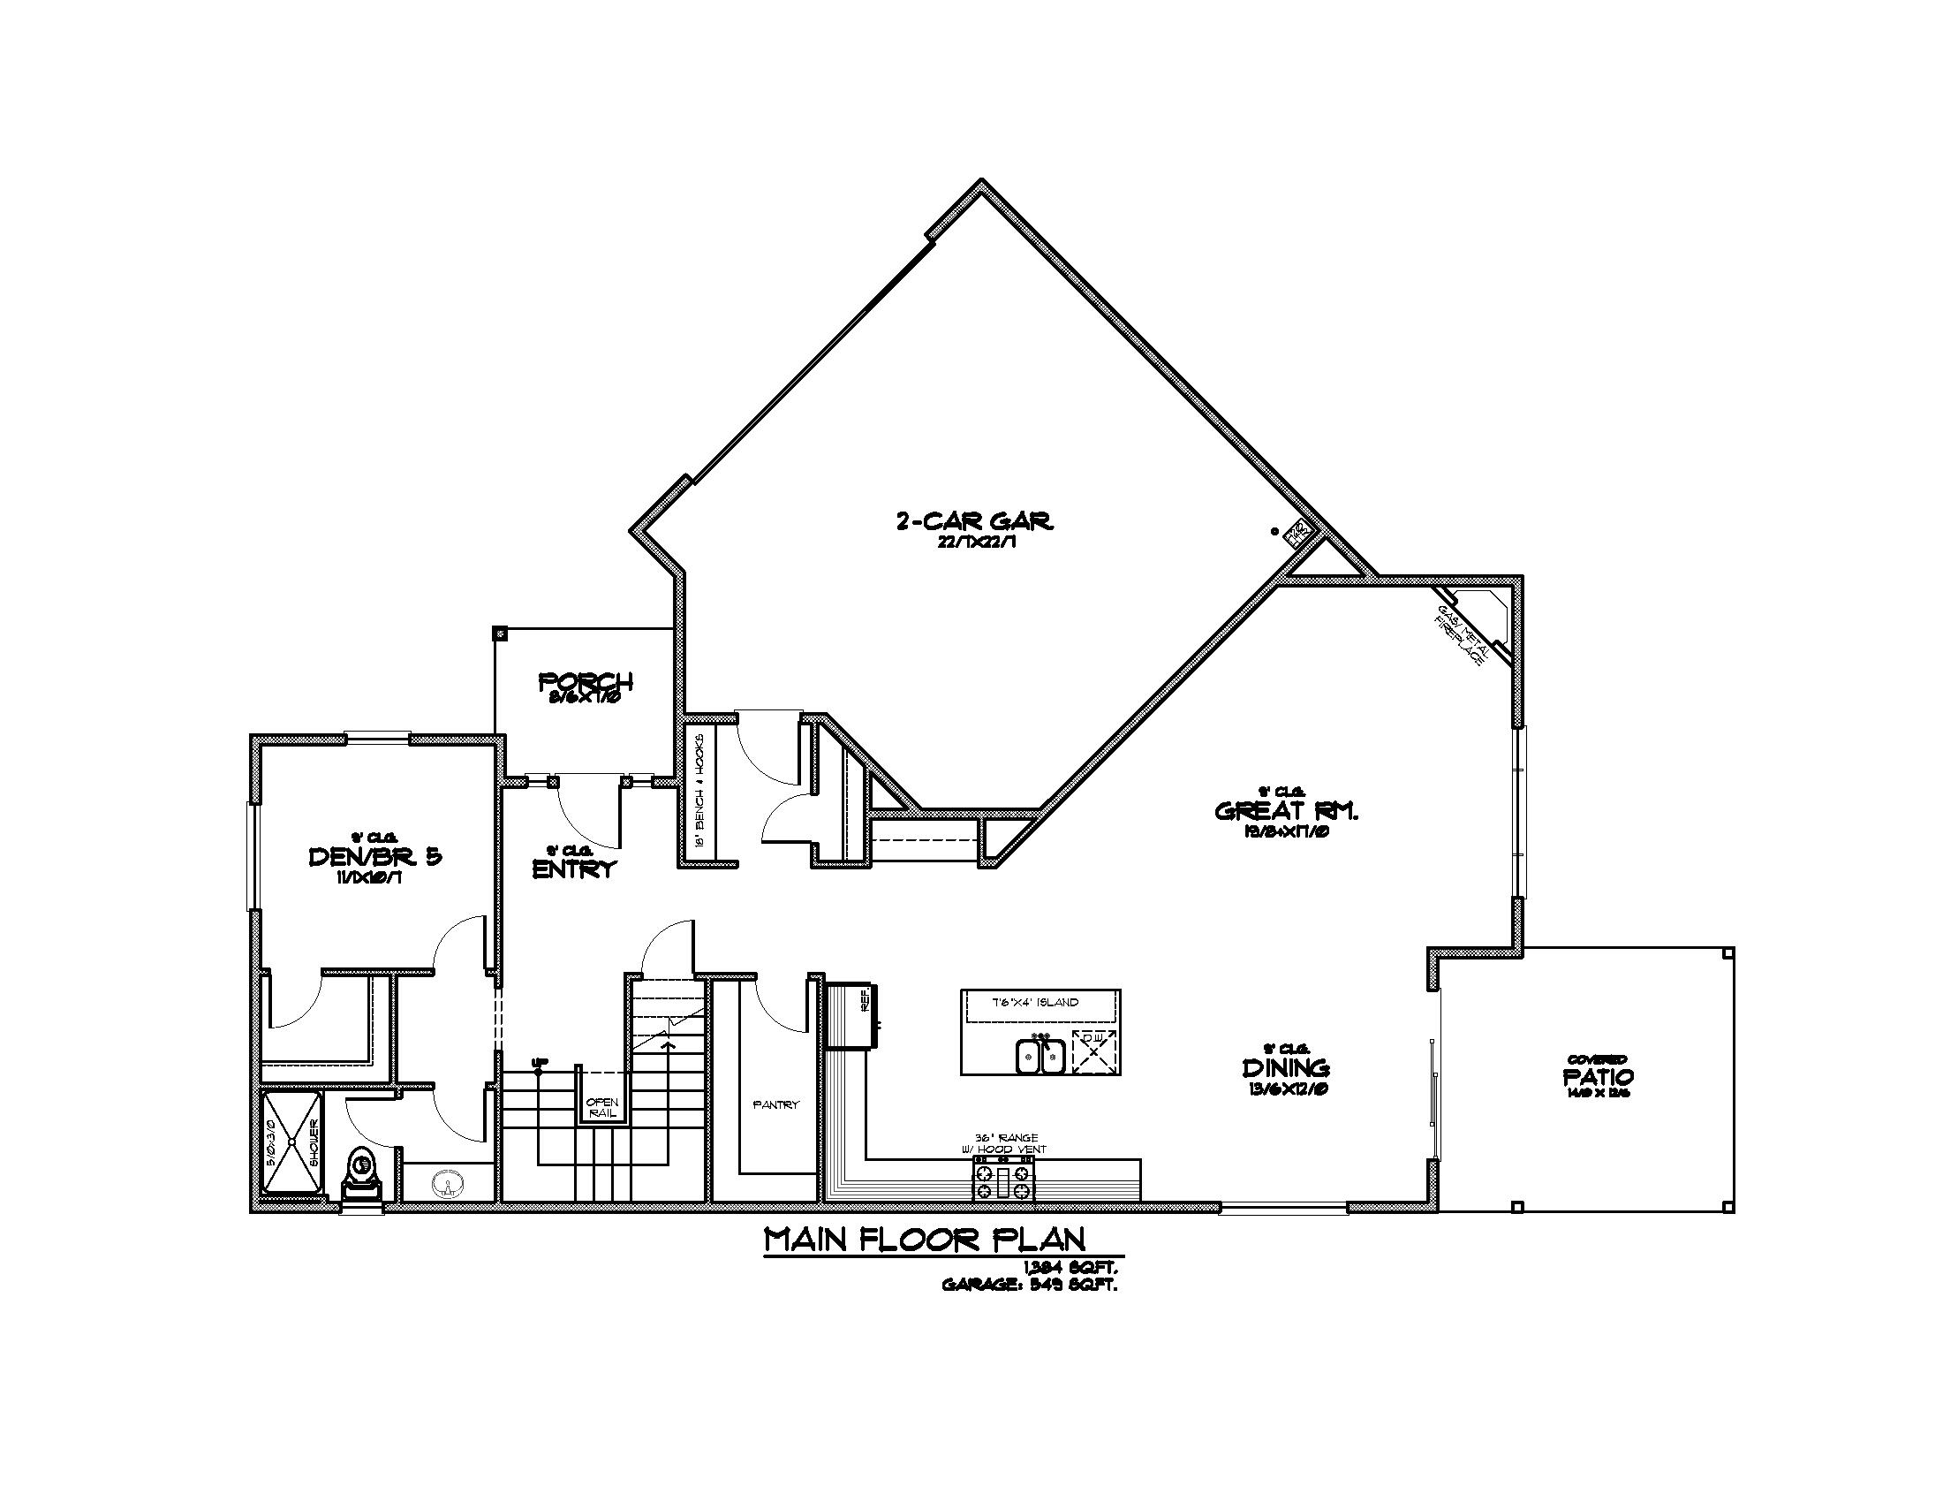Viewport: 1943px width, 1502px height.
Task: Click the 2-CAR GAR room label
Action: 974,520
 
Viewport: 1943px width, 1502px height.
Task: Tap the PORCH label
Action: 586,682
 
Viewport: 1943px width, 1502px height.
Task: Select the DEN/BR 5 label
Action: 374,857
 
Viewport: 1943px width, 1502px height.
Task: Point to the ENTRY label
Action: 574,869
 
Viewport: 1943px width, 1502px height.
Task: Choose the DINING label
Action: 1286,1067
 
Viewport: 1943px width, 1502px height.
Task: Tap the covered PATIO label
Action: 1598,1077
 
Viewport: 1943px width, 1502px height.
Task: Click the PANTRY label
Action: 775,1104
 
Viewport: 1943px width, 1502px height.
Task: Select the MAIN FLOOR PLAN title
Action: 926,1240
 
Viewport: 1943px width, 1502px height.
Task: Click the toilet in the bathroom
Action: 361,1173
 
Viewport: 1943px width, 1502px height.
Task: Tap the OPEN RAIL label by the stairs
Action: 602,1109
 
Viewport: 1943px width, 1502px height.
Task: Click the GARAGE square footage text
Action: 1029,1285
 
